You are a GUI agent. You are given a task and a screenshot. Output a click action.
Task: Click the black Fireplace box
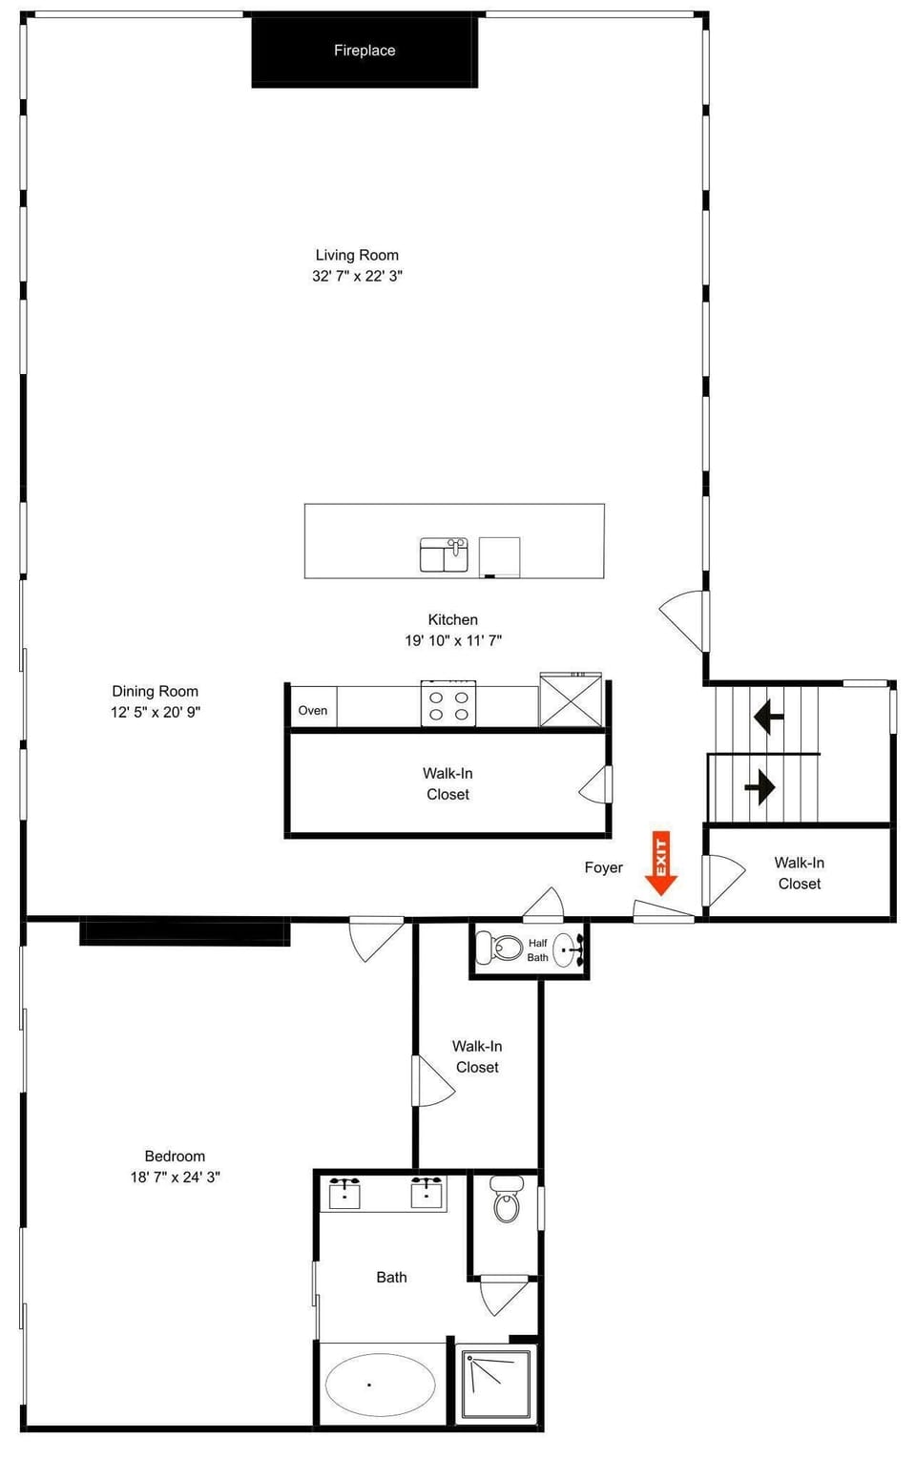(x=364, y=52)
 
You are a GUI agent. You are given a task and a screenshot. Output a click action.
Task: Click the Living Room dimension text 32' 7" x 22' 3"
(x=357, y=276)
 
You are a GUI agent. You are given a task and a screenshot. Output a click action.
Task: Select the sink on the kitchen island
(x=445, y=554)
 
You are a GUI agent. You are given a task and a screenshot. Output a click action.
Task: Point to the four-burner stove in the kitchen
(x=448, y=705)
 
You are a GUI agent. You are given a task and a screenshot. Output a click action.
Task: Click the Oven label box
(x=313, y=710)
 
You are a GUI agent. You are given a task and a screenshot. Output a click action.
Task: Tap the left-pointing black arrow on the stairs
(x=768, y=716)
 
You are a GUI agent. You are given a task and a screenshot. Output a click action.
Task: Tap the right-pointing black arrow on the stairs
(x=760, y=787)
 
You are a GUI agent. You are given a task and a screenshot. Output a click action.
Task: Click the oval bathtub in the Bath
(x=381, y=1384)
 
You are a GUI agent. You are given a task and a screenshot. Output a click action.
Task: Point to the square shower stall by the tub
(x=496, y=1384)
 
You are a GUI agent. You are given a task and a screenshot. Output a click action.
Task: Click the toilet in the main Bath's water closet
(x=507, y=1201)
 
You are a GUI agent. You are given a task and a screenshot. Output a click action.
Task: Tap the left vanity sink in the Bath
(x=344, y=1193)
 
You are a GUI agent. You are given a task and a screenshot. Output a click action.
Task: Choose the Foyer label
(x=603, y=867)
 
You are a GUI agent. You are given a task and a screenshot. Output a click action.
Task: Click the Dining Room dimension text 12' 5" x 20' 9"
(x=156, y=712)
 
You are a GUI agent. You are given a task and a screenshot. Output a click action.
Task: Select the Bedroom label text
(x=175, y=1156)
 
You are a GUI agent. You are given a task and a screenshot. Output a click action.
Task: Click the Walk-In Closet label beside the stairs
(x=799, y=873)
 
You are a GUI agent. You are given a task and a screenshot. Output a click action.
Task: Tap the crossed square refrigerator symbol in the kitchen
(x=571, y=700)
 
